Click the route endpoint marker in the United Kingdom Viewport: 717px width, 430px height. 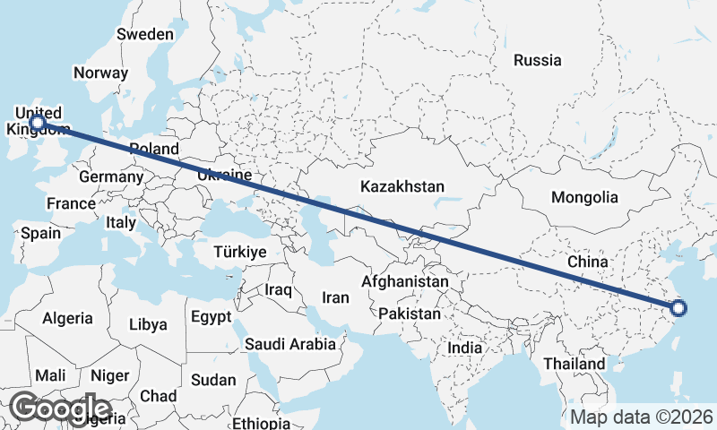[x=38, y=122]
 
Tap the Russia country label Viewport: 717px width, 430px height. [x=538, y=61]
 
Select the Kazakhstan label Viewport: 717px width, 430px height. [x=402, y=187]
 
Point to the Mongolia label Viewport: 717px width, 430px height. [x=584, y=197]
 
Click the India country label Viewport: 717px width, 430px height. [x=465, y=348]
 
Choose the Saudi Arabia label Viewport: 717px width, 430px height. [x=290, y=344]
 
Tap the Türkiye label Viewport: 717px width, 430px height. [x=240, y=253]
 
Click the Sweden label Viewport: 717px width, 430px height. [x=145, y=34]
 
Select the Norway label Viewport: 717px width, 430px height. [x=100, y=73]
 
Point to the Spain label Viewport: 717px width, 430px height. [x=41, y=234]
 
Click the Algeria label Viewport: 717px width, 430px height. [x=67, y=318]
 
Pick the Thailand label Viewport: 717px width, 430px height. [x=574, y=365]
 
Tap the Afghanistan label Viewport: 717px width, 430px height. [x=405, y=281]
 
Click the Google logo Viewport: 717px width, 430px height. [x=61, y=408]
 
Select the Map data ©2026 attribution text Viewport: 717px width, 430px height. [x=642, y=417]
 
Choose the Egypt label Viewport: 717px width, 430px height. [x=212, y=317]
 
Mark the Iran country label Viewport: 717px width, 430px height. [x=335, y=297]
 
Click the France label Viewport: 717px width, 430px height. [x=71, y=203]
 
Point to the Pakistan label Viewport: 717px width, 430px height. [x=410, y=314]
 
